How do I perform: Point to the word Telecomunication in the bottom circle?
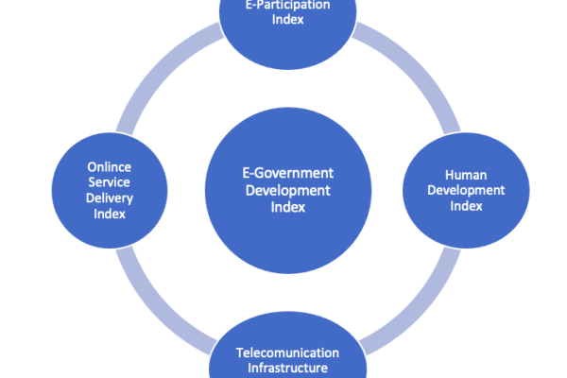click(287, 352)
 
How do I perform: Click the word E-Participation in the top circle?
click(287, 4)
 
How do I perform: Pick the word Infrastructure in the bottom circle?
click(287, 369)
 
